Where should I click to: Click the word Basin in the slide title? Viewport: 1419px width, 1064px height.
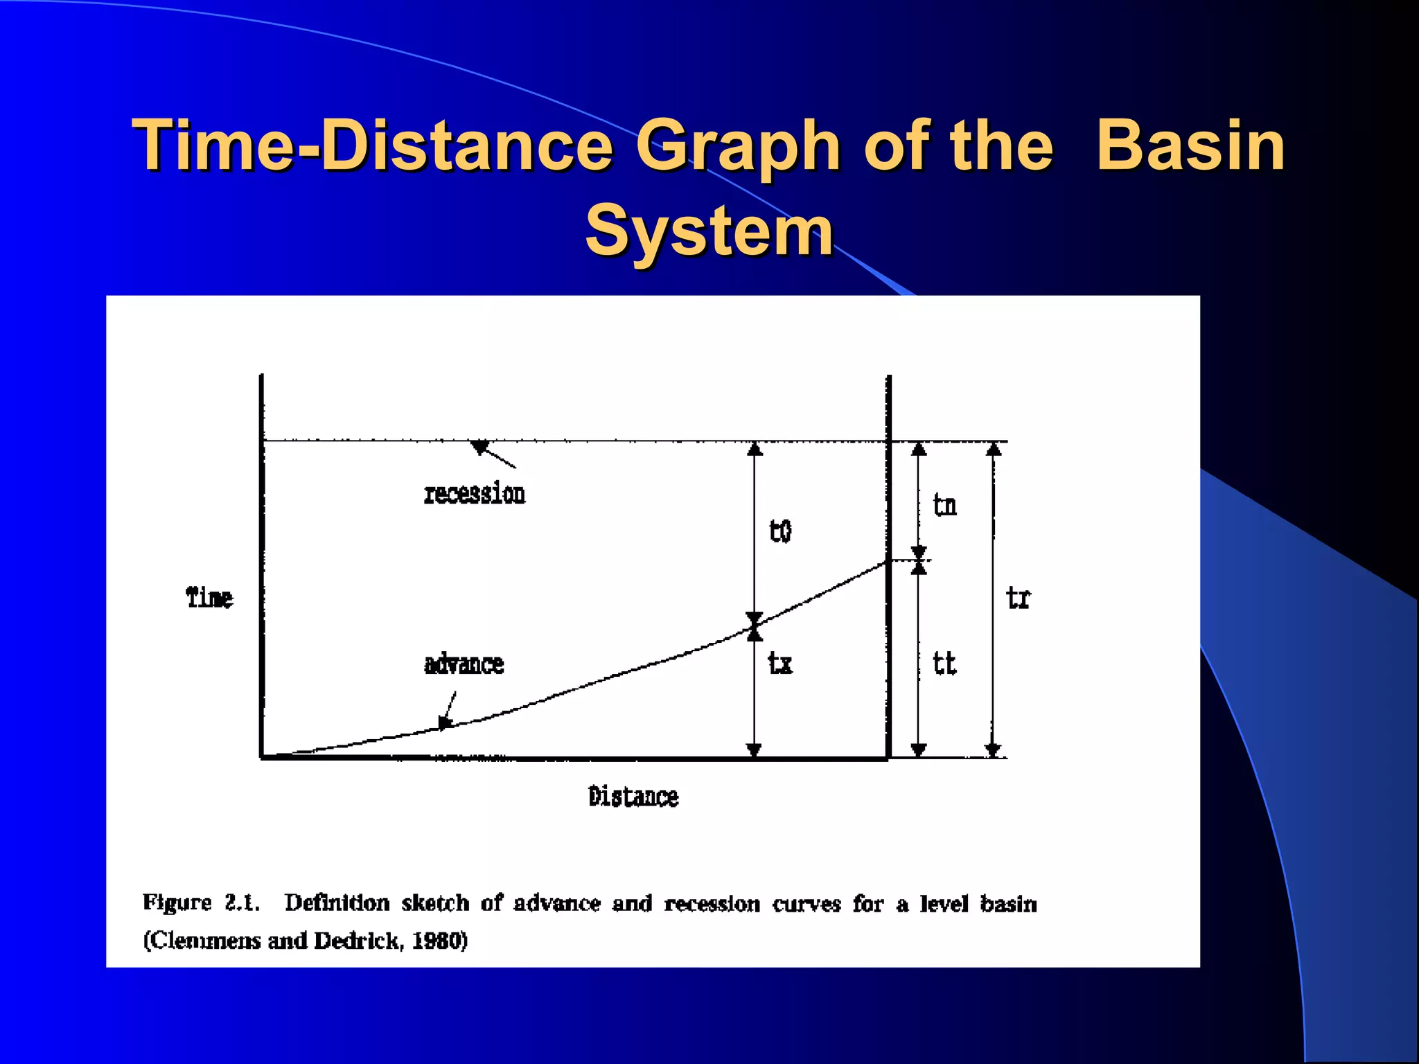(x=1190, y=145)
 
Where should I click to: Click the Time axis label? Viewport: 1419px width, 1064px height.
(x=209, y=597)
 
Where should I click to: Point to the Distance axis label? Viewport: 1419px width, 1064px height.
(x=633, y=797)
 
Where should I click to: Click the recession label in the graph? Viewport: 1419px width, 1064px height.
(x=475, y=495)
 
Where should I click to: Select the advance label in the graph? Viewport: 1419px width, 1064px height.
(x=464, y=664)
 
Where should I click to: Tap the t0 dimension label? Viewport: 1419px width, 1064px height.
(x=780, y=531)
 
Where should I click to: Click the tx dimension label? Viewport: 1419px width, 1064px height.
(x=780, y=664)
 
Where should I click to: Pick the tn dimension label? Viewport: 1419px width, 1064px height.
(x=945, y=505)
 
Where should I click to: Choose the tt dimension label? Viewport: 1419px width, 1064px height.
(x=944, y=664)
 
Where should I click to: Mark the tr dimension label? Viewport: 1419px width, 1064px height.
(x=1018, y=597)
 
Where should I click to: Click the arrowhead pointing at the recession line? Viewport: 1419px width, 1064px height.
(x=479, y=447)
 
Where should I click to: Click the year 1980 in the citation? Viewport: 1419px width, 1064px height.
(x=439, y=941)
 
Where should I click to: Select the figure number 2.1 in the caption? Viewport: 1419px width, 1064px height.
(x=242, y=903)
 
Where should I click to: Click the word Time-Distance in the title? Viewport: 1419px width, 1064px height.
(x=372, y=145)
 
